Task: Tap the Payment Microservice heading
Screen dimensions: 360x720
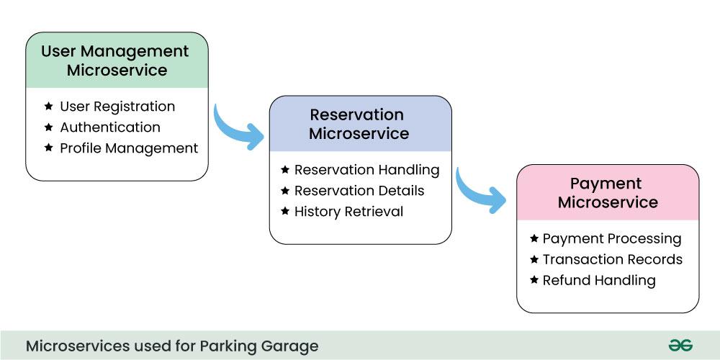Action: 607,193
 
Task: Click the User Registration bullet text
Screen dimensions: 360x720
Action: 117,107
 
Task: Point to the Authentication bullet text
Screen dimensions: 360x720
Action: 110,127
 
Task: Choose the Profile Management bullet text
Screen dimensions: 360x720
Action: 129,148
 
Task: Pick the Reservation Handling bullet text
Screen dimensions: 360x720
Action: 366,170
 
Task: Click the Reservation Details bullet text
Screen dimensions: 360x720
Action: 359,191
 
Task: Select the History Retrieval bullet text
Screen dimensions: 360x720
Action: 348,212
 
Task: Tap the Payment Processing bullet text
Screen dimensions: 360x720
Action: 612,238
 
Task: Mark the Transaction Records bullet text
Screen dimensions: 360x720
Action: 613,259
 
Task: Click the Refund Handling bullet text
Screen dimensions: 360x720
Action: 599,280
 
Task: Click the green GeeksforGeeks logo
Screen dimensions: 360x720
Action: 680,346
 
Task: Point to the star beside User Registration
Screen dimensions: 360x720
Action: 49,107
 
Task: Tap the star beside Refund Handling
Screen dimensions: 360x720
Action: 534,280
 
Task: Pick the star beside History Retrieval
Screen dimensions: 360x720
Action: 284,212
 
